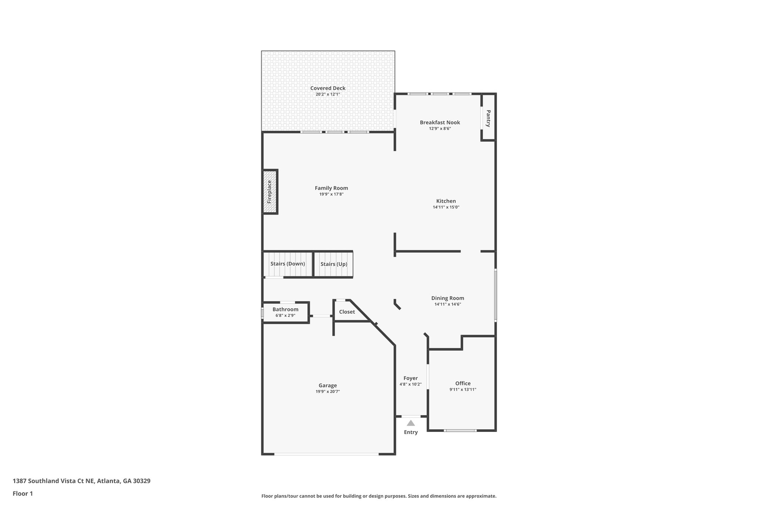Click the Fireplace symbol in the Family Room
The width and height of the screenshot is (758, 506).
(x=270, y=192)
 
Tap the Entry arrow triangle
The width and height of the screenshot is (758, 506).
(x=411, y=423)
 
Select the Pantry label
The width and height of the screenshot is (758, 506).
(x=488, y=118)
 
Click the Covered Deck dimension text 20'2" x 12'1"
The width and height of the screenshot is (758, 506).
(x=328, y=95)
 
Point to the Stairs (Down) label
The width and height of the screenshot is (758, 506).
(x=288, y=264)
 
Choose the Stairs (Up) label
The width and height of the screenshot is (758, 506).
(x=334, y=264)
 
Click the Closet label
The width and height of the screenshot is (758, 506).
(x=347, y=312)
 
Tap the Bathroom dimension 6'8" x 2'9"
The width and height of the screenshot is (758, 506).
(x=285, y=315)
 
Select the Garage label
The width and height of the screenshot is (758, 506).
(x=328, y=386)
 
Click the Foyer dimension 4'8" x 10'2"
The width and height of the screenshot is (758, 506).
(x=410, y=384)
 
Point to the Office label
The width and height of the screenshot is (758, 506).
(x=463, y=383)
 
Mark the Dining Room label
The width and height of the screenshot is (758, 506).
(x=447, y=298)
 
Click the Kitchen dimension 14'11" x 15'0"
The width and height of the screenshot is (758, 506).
(x=446, y=207)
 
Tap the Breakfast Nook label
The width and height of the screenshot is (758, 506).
(x=440, y=122)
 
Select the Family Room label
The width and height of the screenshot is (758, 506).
(x=331, y=188)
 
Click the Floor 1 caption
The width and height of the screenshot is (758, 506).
(x=23, y=493)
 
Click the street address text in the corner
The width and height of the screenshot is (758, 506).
(x=81, y=481)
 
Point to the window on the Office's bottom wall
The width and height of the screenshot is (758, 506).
(x=460, y=430)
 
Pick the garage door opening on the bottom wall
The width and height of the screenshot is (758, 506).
(x=326, y=454)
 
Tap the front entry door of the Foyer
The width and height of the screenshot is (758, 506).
(x=411, y=416)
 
